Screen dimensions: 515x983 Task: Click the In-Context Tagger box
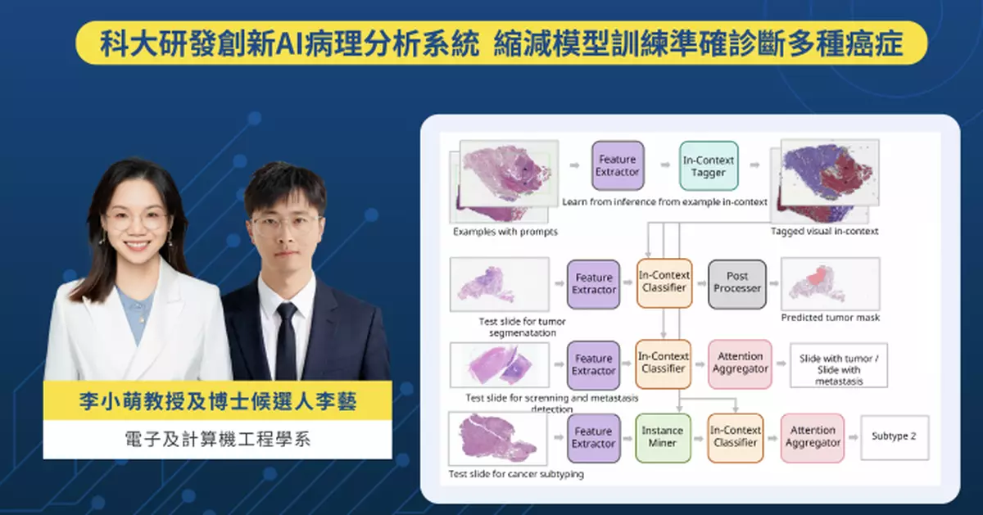point(708,166)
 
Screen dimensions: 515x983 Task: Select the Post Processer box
point(736,283)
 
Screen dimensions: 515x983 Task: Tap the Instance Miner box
point(663,437)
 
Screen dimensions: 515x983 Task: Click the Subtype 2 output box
point(894,436)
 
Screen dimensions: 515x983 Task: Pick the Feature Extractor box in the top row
point(617,166)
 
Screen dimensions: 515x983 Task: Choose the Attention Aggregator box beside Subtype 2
point(813,437)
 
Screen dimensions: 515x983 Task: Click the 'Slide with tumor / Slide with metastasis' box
point(839,365)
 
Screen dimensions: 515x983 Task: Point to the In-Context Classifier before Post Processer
point(664,283)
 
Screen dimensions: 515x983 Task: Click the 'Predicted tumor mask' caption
point(830,317)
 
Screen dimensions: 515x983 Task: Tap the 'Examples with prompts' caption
point(505,232)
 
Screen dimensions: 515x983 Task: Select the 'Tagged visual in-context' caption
point(824,232)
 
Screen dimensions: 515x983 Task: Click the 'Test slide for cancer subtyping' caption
point(516,474)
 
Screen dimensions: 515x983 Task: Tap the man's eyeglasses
point(284,223)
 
